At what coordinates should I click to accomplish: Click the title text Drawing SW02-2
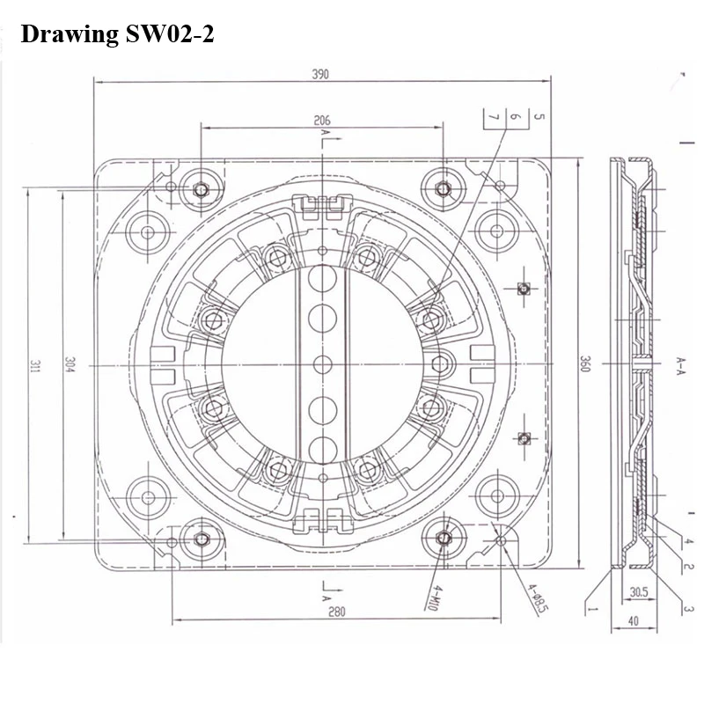[x=117, y=34]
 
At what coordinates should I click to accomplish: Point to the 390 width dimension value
[x=320, y=74]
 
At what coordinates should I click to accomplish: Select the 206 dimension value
[x=322, y=121]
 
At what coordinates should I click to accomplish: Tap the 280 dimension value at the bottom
[x=337, y=612]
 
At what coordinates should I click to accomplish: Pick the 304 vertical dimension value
[x=70, y=364]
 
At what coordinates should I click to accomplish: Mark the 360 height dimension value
[x=585, y=364]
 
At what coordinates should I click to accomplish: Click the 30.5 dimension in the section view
[x=639, y=592]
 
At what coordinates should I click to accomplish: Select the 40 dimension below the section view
[x=633, y=621]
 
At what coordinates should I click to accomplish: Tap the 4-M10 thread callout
[x=430, y=598]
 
